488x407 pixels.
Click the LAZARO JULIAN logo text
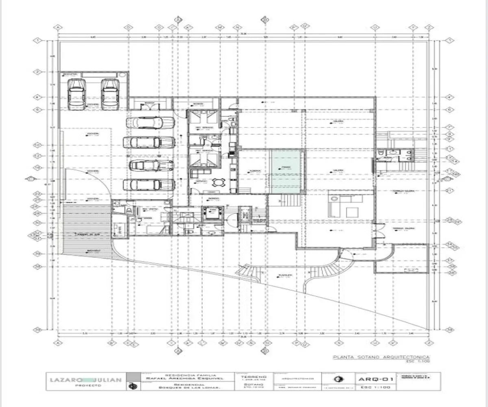coord(86,380)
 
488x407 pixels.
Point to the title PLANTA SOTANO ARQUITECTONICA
coord(381,357)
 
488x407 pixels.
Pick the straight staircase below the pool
coord(291,200)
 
